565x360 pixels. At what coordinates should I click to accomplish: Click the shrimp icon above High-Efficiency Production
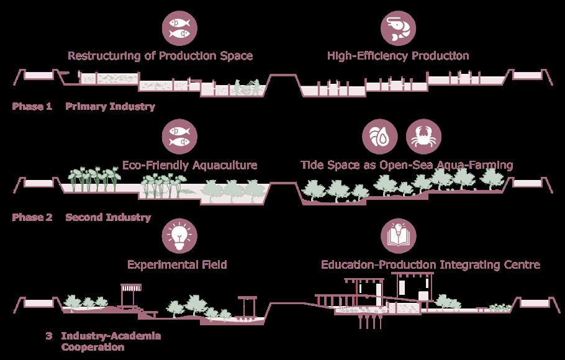click(399, 28)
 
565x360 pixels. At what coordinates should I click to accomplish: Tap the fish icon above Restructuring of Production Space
click(180, 28)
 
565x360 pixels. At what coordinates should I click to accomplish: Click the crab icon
click(423, 138)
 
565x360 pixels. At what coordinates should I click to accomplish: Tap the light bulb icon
click(179, 236)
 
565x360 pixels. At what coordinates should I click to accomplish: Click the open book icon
click(399, 236)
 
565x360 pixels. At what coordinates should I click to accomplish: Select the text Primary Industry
click(110, 107)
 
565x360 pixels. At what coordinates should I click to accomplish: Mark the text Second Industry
click(108, 217)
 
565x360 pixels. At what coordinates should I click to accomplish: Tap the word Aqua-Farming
click(477, 165)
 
